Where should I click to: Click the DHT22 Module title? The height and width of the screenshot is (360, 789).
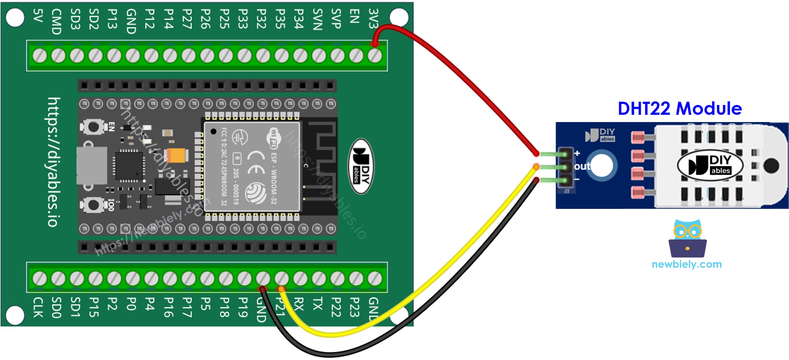tap(680, 109)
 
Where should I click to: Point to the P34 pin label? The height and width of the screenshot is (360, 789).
tap(298, 19)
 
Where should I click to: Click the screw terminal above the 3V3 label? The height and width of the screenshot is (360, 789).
tap(375, 56)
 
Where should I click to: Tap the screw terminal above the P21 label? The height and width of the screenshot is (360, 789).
tap(281, 279)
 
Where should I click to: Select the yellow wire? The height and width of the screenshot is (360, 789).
tap(436, 276)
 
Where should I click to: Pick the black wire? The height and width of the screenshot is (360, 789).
tap(454, 291)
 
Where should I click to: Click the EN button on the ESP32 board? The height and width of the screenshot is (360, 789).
tap(93, 127)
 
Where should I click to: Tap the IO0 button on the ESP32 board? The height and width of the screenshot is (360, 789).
tap(93, 205)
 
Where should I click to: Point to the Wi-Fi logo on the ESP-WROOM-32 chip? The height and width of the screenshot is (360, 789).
tap(273, 138)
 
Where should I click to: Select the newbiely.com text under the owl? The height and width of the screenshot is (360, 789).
tap(687, 264)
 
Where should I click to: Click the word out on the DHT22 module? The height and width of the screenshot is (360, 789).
tap(582, 166)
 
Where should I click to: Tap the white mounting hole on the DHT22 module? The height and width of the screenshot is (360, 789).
tap(602, 165)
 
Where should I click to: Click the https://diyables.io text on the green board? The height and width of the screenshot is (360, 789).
tap(54, 162)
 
